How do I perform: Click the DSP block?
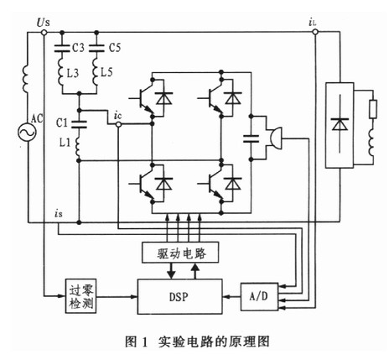pos(180,296)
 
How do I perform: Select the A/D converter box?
pos(260,297)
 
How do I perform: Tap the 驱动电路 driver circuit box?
pos(180,253)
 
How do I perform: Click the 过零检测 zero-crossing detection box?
pos(81,296)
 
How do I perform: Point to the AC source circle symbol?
pos(27,132)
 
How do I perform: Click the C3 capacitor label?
pos(78,48)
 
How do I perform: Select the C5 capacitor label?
pos(115,48)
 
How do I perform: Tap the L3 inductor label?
pos(72,74)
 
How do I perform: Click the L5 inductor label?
pos(106,73)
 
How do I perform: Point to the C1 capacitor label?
pos(62,123)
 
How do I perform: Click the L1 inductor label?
pos(65,143)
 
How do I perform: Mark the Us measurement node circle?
pos(44,33)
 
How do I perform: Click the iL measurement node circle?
pos(315,32)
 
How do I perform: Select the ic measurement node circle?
pos(118,124)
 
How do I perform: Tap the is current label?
pos(59,214)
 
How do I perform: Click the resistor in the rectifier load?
pos(373,109)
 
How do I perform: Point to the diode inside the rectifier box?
pos(340,124)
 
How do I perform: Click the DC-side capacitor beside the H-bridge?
pos(251,138)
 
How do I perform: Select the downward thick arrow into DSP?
pos(171,271)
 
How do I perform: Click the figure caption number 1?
pos(144,342)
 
